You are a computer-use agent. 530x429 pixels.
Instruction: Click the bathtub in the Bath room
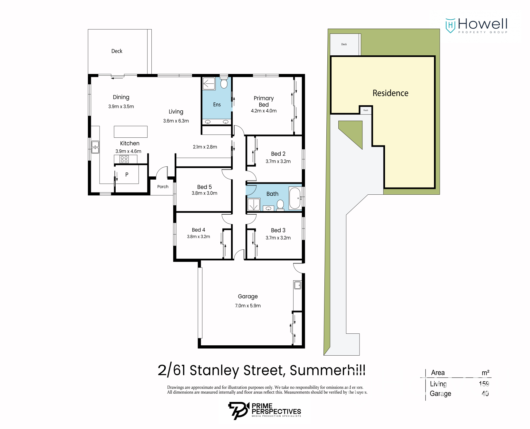click(295, 198)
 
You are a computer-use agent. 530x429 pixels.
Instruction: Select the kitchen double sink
click(95, 147)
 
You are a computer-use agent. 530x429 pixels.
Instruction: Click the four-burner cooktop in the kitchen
click(124, 159)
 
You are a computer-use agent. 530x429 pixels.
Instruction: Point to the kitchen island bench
click(130, 132)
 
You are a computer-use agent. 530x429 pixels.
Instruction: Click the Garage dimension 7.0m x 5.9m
click(248, 306)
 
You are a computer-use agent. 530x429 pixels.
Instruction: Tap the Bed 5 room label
click(205, 187)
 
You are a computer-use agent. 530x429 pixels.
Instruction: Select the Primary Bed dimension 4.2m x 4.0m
click(264, 111)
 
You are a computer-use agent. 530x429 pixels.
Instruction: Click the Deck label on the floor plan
click(117, 51)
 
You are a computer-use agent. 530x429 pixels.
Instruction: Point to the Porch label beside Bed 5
click(163, 187)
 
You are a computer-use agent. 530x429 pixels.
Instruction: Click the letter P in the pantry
click(127, 174)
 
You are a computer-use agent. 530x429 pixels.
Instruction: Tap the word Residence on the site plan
click(390, 93)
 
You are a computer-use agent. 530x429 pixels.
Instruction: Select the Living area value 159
click(484, 384)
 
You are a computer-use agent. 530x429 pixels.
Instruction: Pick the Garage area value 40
click(485, 393)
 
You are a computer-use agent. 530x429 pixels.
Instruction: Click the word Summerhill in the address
click(328, 370)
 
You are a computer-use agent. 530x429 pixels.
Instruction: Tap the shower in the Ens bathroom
click(209, 83)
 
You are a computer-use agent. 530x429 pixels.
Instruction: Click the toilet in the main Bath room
click(280, 205)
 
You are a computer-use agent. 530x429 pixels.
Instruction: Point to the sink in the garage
click(297, 285)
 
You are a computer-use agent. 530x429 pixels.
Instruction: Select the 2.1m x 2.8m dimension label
click(205, 147)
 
